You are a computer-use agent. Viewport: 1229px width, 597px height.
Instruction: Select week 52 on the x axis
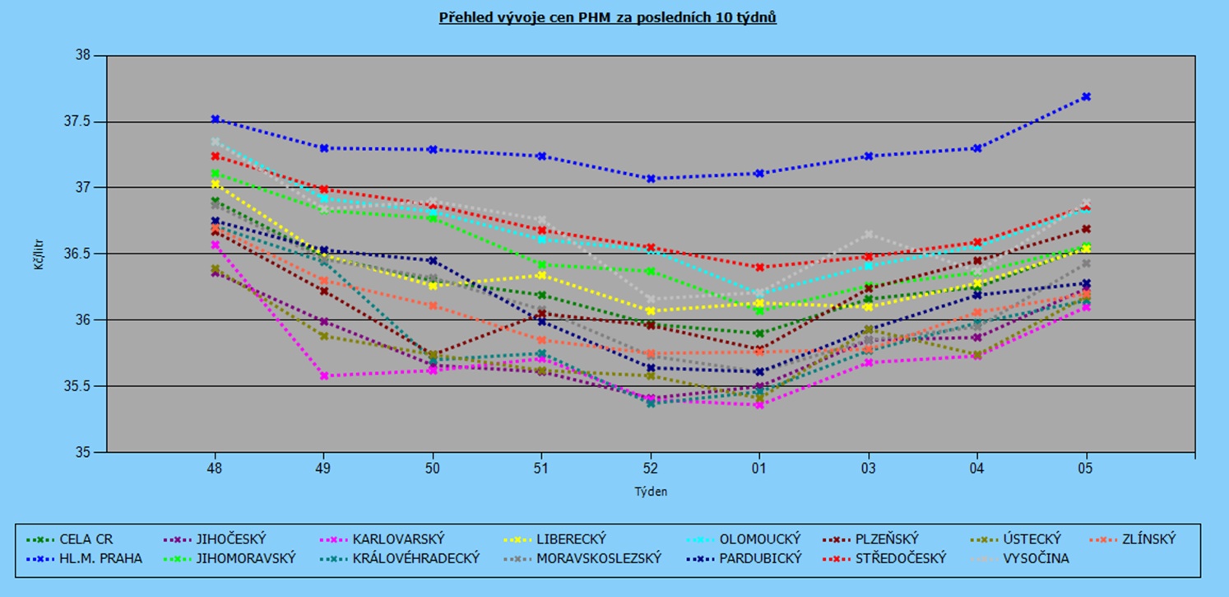pyautogui.click(x=650, y=469)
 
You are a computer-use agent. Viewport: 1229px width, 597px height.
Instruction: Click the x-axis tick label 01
pyautogui.click(x=758, y=469)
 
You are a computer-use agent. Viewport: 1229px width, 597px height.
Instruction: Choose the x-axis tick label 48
pyautogui.click(x=215, y=469)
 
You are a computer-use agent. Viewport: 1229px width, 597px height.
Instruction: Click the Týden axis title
pyautogui.click(x=650, y=492)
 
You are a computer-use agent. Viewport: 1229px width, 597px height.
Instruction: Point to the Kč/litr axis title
pyautogui.click(x=39, y=254)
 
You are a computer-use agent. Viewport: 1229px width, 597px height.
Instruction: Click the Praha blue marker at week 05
pyautogui.click(x=1087, y=96)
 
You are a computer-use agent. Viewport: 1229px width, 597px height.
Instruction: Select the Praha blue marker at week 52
pyautogui.click(x=650, y=178)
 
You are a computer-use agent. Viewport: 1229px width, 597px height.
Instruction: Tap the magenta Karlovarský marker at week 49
pyautogui.click(x=323, y=375)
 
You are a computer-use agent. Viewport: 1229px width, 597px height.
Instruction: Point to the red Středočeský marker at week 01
pyautogui.click(x=758, y=267)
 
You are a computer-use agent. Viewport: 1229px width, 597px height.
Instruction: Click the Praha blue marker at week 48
pyautogui.click(x=215, y=119)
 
